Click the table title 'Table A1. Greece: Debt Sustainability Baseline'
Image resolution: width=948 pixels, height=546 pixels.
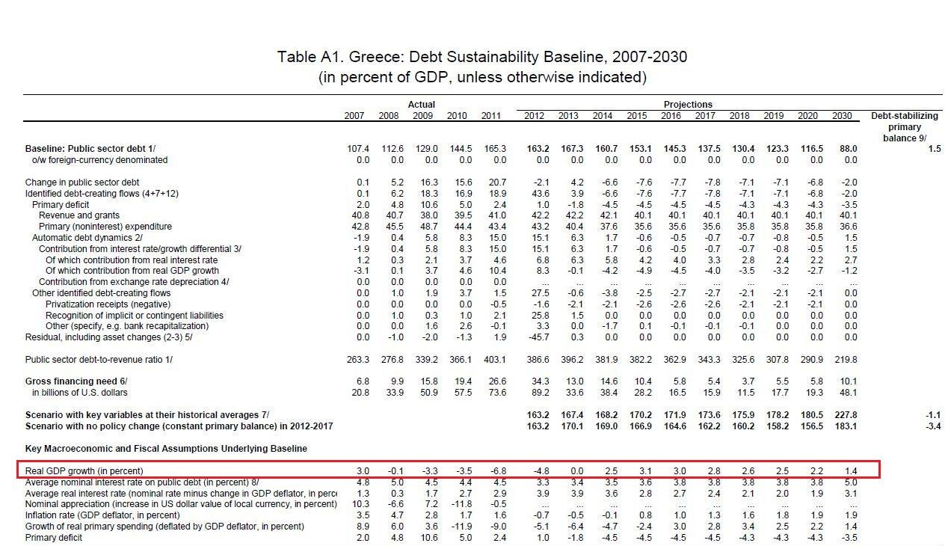click(481, 58)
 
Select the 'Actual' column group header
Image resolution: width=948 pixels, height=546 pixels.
click(421, 105)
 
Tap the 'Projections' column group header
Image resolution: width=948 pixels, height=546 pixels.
click(687, 105)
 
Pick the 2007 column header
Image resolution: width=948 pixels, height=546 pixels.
click(354, 116)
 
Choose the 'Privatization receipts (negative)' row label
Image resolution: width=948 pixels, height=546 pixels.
click(108, 304)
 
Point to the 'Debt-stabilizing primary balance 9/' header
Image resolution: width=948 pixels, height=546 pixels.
click(905, 127)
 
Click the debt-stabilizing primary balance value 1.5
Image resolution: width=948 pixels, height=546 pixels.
click(934, 149)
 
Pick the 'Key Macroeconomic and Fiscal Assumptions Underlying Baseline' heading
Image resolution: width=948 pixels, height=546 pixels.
click(166, 449)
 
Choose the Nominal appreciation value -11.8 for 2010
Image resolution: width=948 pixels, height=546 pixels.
click(456, 504)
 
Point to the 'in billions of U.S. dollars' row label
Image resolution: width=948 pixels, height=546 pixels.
click(79, 393)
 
